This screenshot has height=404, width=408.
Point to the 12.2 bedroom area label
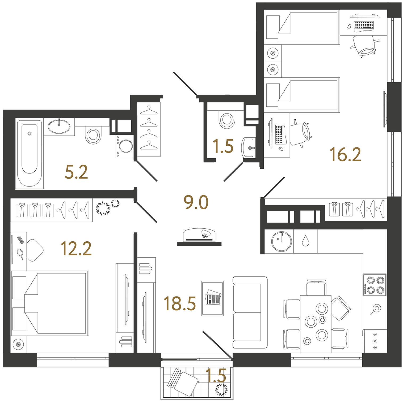pyautogui.click(x=76, y=249)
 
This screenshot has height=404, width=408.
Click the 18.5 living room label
pyautogui.click(x=180, y=304)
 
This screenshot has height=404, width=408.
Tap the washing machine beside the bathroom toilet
pyautogui.click(x=125, y=146)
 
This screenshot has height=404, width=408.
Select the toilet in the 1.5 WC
pyautogui.click(x=226, y=119)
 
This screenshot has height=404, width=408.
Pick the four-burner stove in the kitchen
pyautogui.click(x=375, y=285)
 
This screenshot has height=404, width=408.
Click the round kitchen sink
pyautogui.click(x=281, y=241)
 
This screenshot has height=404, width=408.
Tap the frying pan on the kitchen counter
pyautogui.click(x=376, y=309)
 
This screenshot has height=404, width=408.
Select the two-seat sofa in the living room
pyautogui.click(x=250, y=312)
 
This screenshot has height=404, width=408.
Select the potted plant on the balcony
pyautogui.click(x=221, y=390)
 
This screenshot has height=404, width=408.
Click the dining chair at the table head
pyautogui.click(x=316, y=288)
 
